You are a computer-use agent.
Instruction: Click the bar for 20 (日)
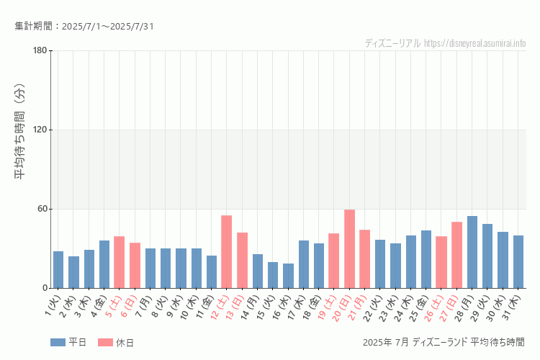349,249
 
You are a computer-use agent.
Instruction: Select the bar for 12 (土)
226,252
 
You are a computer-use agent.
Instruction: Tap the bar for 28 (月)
472,252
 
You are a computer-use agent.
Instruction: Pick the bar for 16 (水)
288,276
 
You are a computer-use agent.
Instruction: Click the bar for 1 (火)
58,270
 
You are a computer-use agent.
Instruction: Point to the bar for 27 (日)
456,255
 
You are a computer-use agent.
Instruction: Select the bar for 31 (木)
518,262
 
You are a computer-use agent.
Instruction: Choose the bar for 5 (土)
119,262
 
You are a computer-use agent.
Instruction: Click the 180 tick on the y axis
40,50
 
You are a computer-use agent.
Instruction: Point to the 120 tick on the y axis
40,130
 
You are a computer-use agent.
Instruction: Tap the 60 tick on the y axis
42,209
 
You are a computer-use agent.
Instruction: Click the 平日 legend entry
69,342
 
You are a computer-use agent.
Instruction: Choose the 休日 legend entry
116,342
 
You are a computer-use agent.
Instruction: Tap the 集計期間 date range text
84,27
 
